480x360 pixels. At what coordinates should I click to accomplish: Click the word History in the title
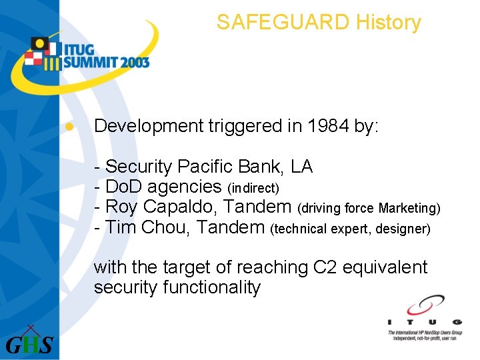tap(389, 23)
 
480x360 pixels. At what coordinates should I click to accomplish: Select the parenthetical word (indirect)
tap(257, 187)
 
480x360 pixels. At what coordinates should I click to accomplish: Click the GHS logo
tap(29, 342)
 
